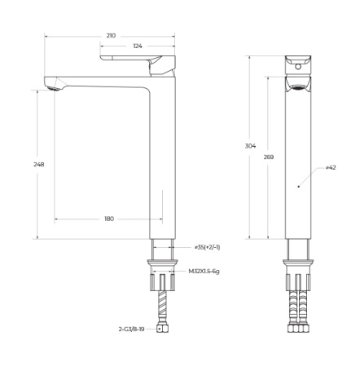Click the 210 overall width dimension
click(x=111, y=36)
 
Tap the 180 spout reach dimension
click(x=109, y=219)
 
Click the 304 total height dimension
click(x=250, y=146)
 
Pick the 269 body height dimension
click(x=270, y=157)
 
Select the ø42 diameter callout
click(x=331, y=167)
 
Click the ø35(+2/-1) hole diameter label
click(x=207, y=247)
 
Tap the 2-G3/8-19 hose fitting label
click(x=133, y=330)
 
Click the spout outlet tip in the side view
click(x=53, y=84)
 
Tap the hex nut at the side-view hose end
click(x=163, y=330)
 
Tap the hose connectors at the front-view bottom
click(x=297, y=331)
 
